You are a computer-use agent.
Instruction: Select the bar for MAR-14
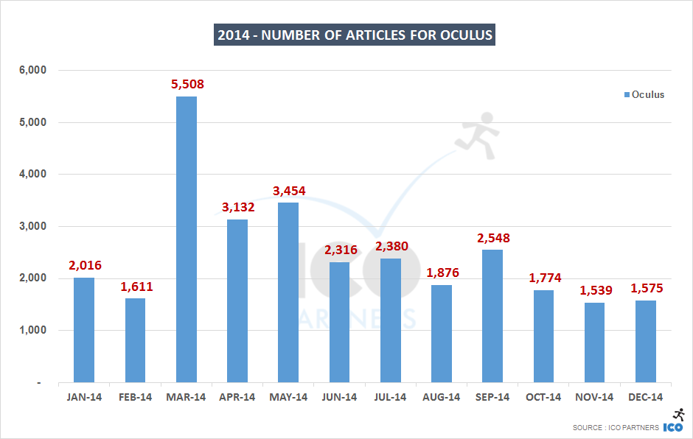(x=187, y=239)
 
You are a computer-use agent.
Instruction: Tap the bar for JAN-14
(x=84, y=330)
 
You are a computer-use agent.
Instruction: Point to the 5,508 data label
(x=187, y=84)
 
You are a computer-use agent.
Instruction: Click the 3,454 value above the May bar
(x=288, y=191)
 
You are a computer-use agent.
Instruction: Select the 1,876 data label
(x=441, y=273)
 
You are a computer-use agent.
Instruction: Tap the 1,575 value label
(x=645, y=288)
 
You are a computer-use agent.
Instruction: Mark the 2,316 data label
(x=339, y=250)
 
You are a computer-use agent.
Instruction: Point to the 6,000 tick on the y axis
(x=32, y=71)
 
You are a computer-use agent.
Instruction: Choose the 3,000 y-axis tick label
(x=32, y=227)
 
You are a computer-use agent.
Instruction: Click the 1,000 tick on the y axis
(x=32, y=331)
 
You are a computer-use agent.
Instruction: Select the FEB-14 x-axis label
(x=135, y=397)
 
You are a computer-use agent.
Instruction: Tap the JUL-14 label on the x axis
(x=390, y=397)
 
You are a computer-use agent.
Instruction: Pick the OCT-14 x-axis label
(x=543, y=397)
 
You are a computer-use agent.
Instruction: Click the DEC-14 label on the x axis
(x=645, y=397)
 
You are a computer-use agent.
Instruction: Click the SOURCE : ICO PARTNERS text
(x=616, y=428)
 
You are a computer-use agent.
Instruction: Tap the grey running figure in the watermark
(x=477, y=132)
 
